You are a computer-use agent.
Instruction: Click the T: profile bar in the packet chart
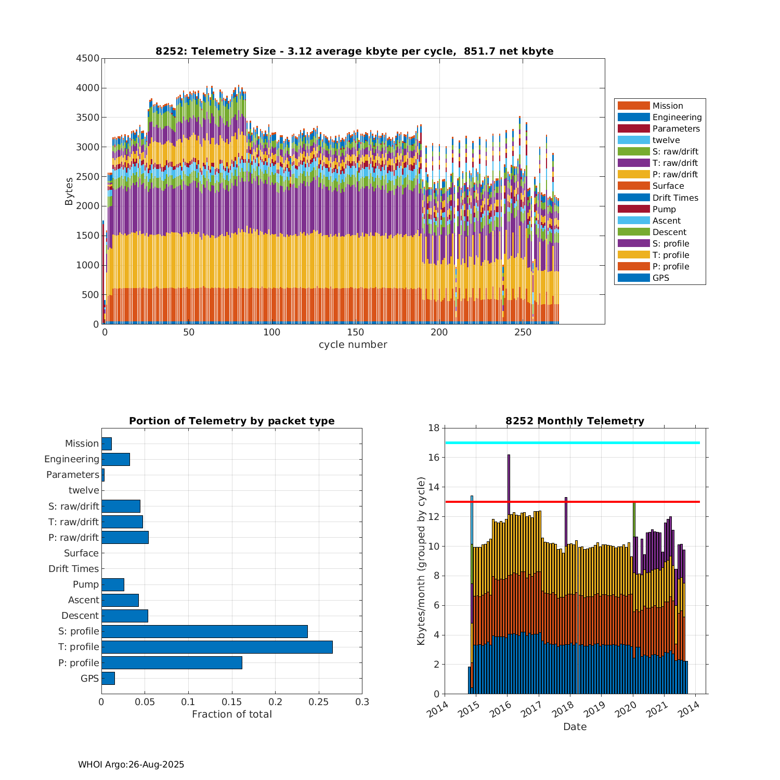coord(217,647)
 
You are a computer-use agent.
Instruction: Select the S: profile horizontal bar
coord(204,631)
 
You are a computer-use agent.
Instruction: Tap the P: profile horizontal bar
coord(172,662)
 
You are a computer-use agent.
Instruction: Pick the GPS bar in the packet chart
coord(108,678)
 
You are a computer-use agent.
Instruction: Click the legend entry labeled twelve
coord(666,140)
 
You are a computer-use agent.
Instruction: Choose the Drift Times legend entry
coord(675,198)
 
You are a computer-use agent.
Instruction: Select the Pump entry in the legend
coord(664,209)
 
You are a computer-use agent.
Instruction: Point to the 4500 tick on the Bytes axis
coord(87,58)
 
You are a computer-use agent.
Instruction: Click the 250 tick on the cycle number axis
coord(523,333)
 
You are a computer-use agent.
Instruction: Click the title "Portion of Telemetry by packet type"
coord(231,421)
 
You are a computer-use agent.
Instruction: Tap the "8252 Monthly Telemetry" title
coord(575,421)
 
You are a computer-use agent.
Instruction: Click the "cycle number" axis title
coord(353,344)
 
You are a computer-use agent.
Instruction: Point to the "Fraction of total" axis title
coord(231,714)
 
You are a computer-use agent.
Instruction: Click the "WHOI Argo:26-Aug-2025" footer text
coord(131,764)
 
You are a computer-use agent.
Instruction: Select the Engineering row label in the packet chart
coord(71,459)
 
